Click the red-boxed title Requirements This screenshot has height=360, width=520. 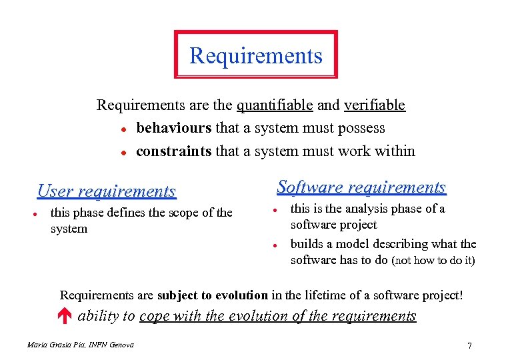click(x=256, y=55)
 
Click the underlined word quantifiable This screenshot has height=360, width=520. click(x=275, y=105)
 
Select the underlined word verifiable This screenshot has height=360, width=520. click(x=374, y=105)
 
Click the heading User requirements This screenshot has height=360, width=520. click(x=106, y=191)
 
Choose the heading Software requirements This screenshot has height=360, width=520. click(x=361, y=187)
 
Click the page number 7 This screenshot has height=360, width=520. click(x=470, y=345)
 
